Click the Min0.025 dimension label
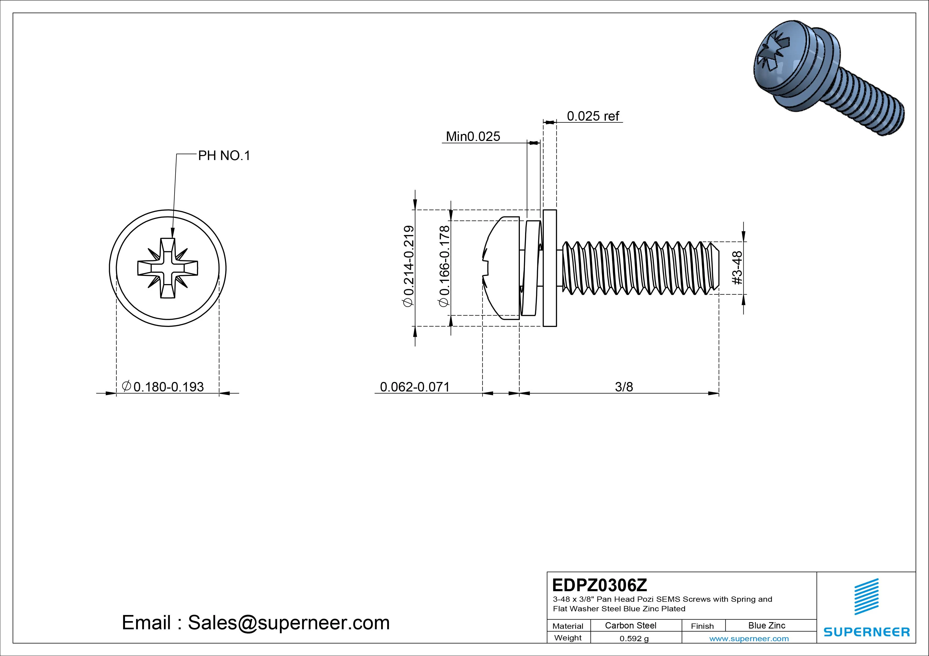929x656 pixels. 473,136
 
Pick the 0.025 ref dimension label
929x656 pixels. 592,116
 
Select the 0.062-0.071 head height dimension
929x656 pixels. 415,387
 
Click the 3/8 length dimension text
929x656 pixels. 623,387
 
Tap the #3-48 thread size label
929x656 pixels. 737,268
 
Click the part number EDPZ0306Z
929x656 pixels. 599,585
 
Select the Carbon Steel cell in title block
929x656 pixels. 630,625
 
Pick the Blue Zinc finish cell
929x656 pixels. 766,625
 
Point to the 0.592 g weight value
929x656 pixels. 634,639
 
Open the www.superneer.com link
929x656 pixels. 749,639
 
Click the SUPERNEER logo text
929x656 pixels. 866,632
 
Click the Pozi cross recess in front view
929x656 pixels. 168,268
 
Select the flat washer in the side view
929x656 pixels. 550,268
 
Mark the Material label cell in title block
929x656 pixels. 568,626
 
